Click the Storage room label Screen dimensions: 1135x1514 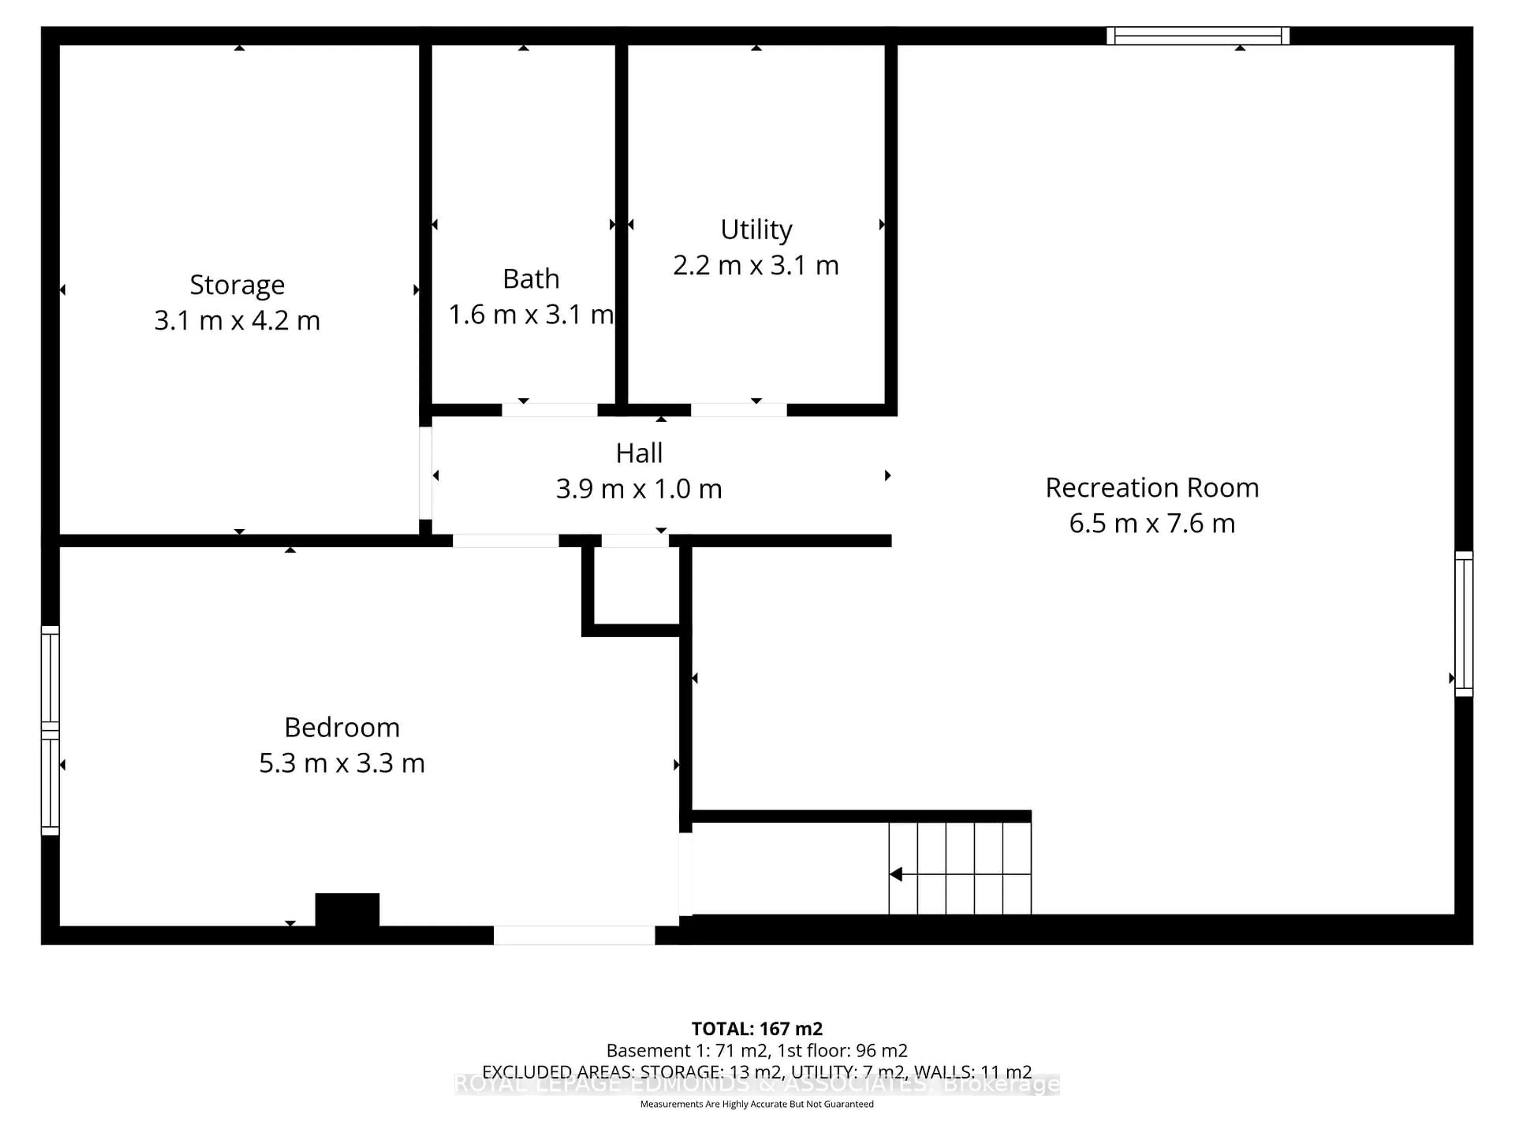pyautogui.click(x=237, y=285)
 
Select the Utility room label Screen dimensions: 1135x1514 pyautogui.click(x=756, y=229)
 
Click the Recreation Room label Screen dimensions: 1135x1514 pyautogui.click(x=1152, y=488)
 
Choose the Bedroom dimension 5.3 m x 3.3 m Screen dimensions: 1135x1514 pyautogui.click(x=341, y=763)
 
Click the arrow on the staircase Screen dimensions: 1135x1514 pyautogui.click(x=896, y=875)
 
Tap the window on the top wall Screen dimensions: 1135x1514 pyautogui.click(x=1198, y=35)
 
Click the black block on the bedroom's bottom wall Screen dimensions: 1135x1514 pyautogui.click(x=347, y=909)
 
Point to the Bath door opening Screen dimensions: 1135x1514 pyautogui.click(x=550, y=410)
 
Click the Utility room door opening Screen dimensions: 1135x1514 pyautogui.click(x=738, y=410)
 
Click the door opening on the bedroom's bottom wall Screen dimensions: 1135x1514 pyautogui.click(x=574, y=935)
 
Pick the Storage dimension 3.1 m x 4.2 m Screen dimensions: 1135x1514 pyautogui.click(x=237, y=320)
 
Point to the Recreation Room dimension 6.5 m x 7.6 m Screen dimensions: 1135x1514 pyautogui.click(x=1152, y=523)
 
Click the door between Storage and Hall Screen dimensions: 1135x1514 pyautogui.click(x=425, y=473)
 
